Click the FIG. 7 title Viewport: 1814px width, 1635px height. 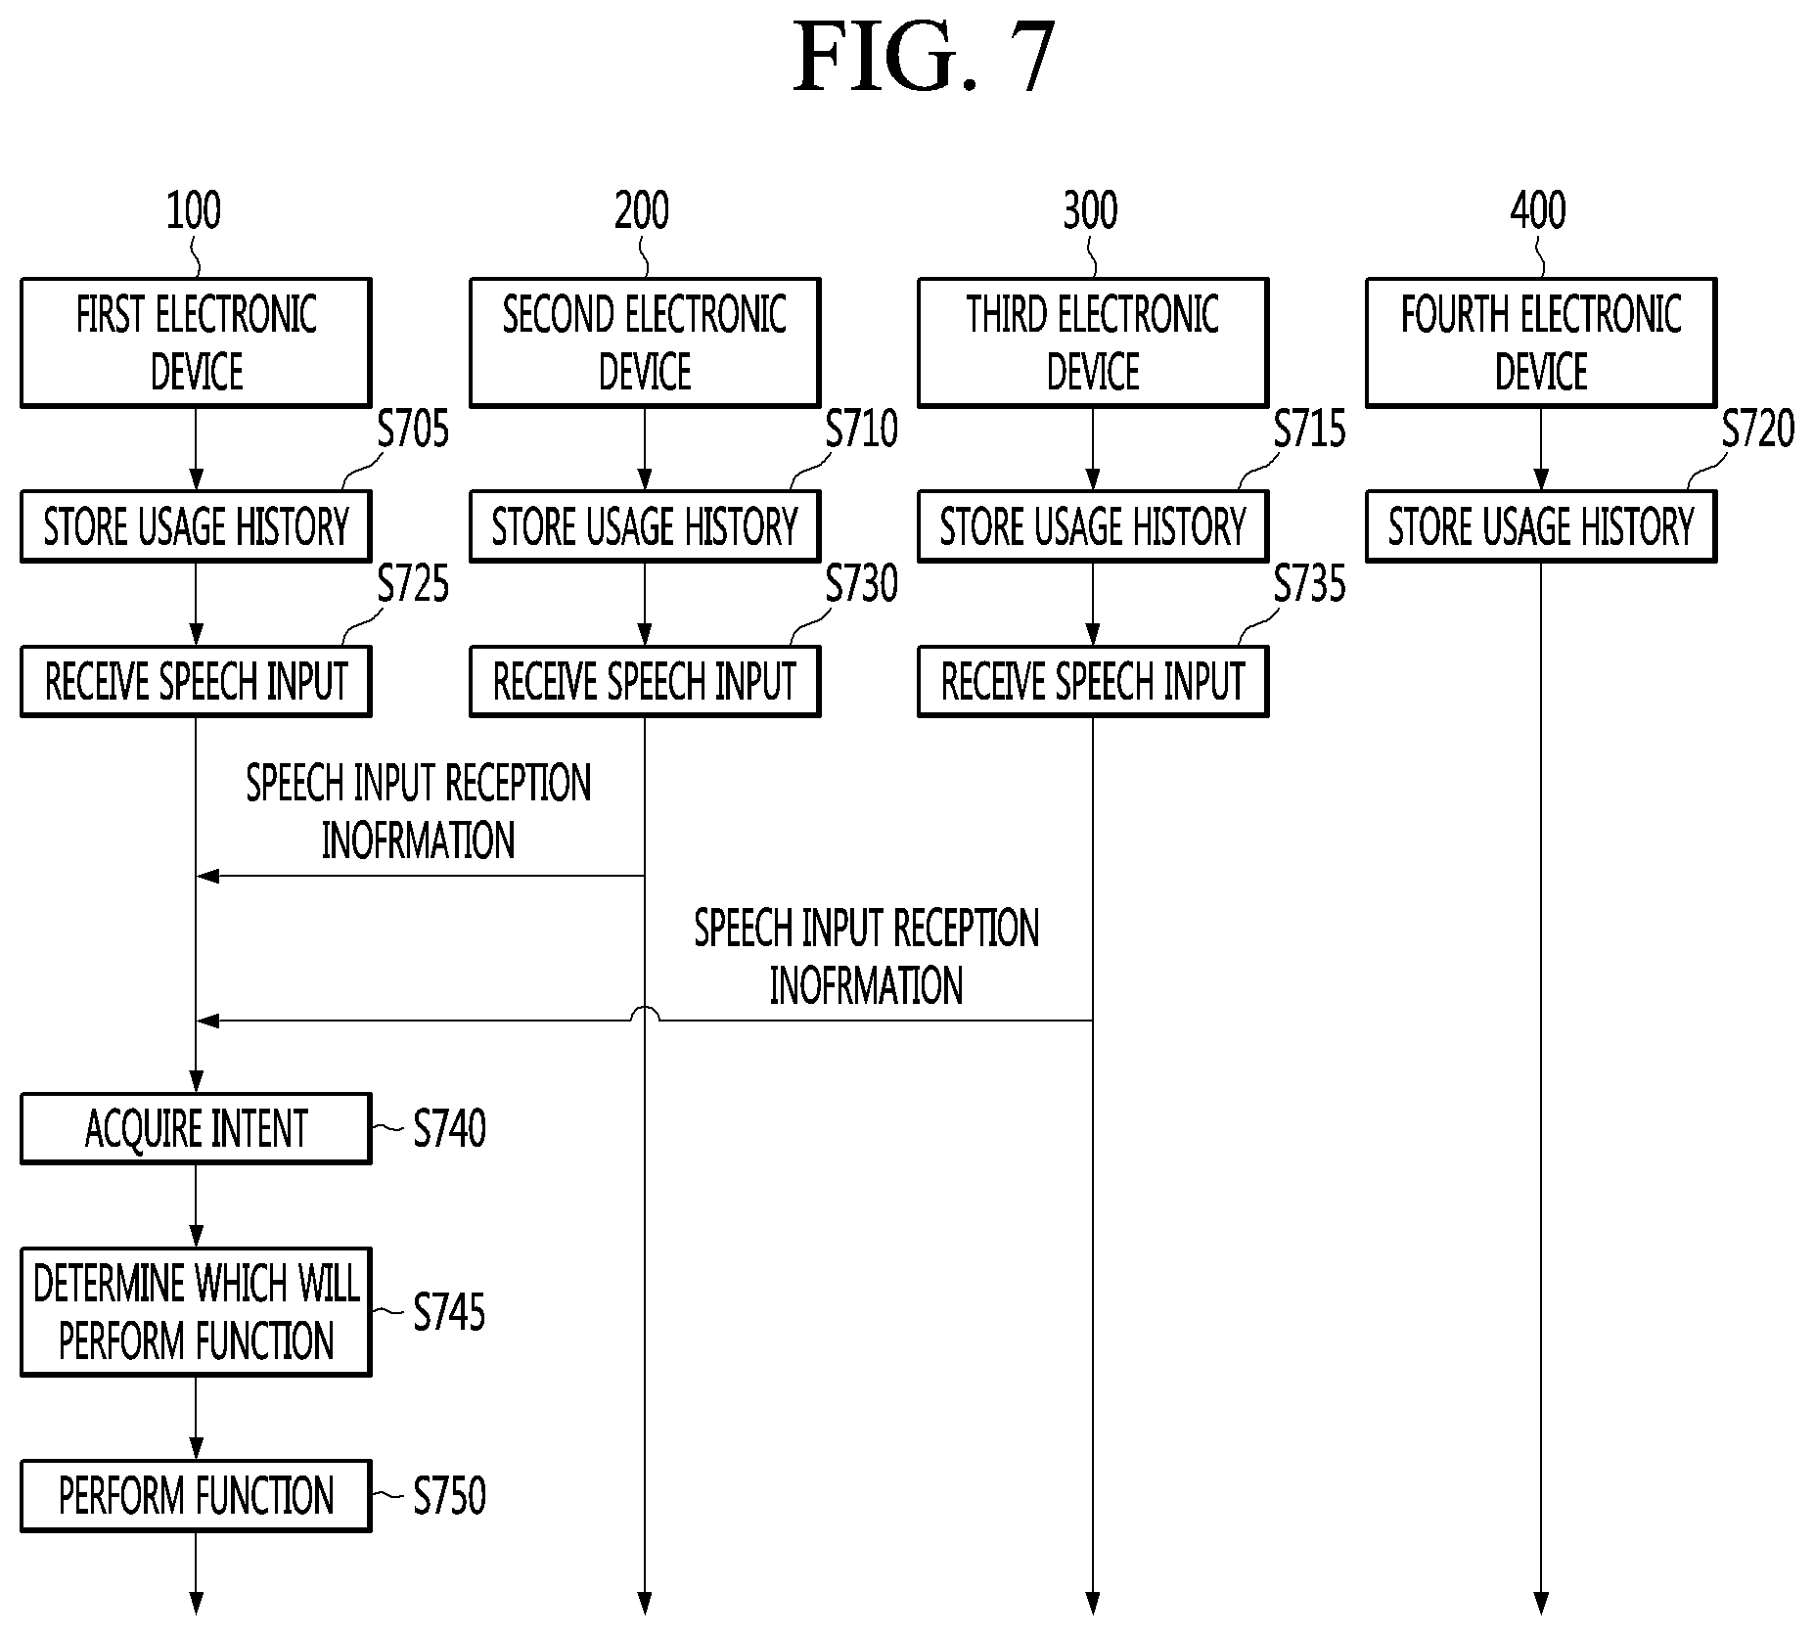click(x=924, y=58)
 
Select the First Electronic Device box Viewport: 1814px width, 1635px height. click(x=196, y=342)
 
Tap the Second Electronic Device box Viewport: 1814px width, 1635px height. click(x=645, y=342)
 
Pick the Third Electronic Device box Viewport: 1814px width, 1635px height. click(x=1093, y=342)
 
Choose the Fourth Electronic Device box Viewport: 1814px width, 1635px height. click(x=1541, y=342)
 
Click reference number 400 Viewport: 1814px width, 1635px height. click(x=1538, y=210)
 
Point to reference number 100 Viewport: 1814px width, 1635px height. click(x=194, y=210)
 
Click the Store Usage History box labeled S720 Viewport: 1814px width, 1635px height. click(x=1541, y=526)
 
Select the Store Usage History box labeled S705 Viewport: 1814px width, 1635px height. click(x=196, y=526)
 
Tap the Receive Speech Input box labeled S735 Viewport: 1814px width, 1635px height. click(x=1093, y=681)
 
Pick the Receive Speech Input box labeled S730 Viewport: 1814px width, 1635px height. click(x=645, y=681)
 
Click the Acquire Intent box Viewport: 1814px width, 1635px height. click(x=196, y=1128)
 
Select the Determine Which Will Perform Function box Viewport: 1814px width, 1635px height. click(x=196, y=1311)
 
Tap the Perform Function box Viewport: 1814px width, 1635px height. click(x=196, y=1496)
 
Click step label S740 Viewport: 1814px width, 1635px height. click(x=449, y=1128)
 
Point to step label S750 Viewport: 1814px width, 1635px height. click(x=449, y=1496)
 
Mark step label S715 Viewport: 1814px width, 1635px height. click(x=1309, y=429)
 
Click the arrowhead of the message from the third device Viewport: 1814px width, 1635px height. click(x=207, y=1021)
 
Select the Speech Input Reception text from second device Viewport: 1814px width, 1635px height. click(x=419, y=811)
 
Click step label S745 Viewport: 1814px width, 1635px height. click(x=449, y=1311)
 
